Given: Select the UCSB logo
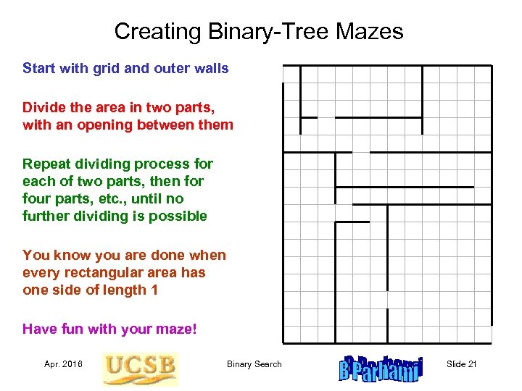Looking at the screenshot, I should (140, 368).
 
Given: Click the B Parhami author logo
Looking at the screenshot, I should (380, 367).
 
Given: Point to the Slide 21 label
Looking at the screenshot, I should (461, 363).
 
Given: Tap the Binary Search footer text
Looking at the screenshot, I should (254, 363).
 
